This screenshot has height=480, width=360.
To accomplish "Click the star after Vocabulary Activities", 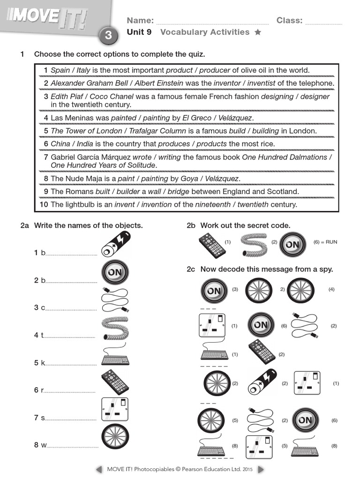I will pos(257,32).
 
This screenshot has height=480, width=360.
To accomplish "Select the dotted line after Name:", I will pos(212,22).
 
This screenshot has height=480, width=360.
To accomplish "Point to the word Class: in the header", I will pos(289,21).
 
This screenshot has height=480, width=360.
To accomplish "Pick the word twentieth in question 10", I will pos(253,205).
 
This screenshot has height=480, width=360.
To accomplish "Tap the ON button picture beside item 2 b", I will pos(115,272).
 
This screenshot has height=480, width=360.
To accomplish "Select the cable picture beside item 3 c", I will pos(115,300).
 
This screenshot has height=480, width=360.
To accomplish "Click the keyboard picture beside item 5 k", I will pos(115,357).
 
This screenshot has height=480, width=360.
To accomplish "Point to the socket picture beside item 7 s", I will pos(115,410).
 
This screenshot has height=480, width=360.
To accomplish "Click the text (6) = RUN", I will pos(325,242).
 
